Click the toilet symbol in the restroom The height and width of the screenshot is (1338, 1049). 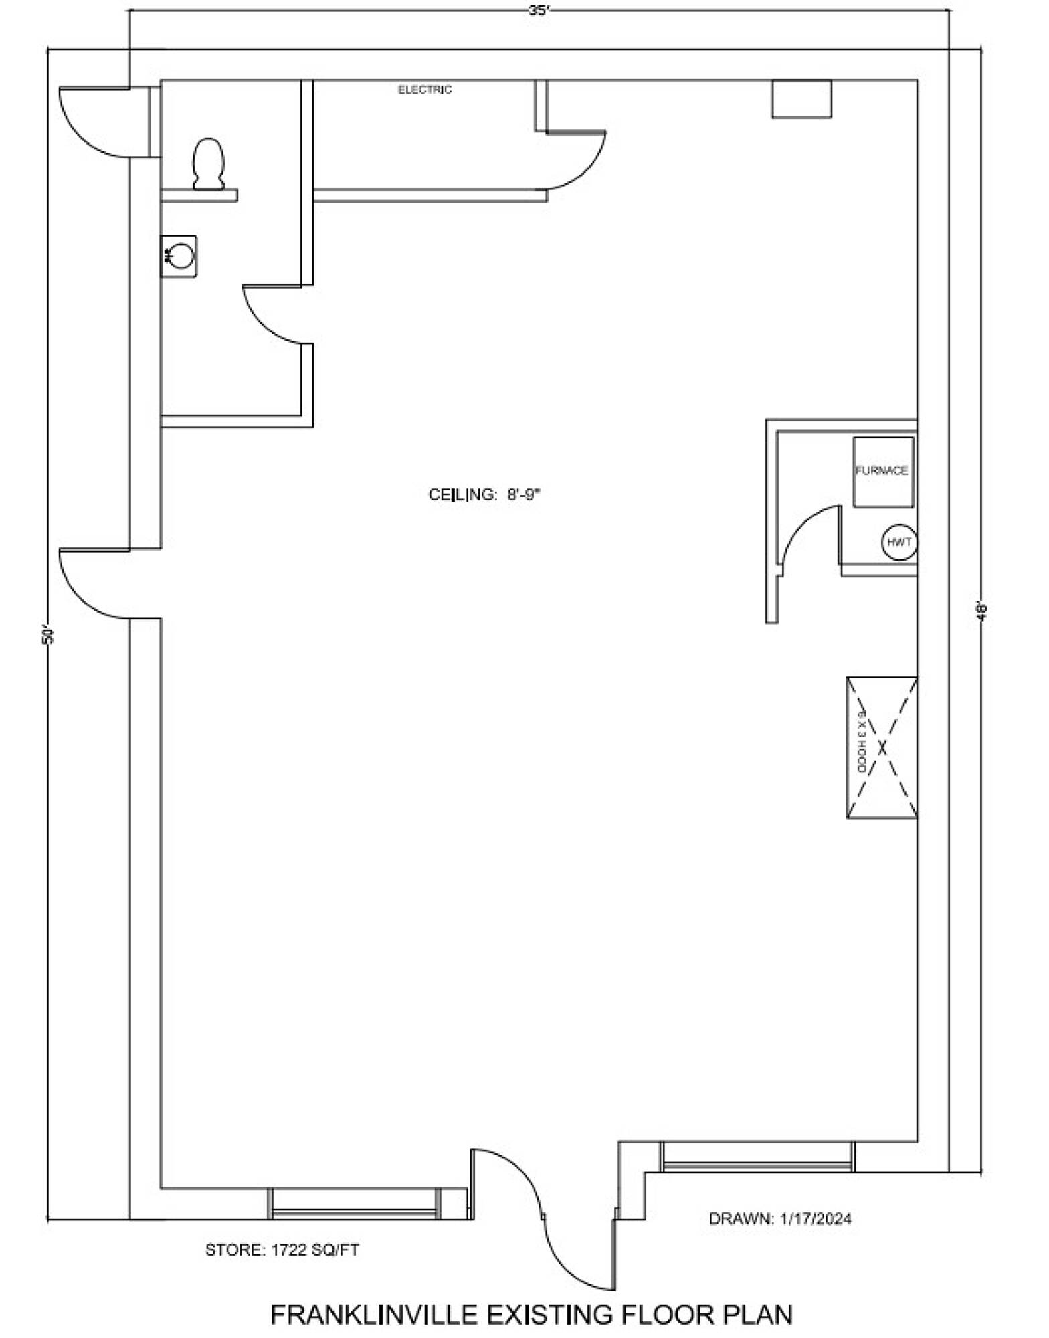click(208, 164)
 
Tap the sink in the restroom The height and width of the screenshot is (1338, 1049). click(179, 256)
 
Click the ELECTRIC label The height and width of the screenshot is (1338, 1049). click(425, 90)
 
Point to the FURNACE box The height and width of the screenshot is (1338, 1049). click(883, 472)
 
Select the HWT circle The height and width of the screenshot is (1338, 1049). click(899, 542)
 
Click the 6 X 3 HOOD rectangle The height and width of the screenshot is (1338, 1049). click(882, 747)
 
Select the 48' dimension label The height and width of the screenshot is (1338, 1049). click(982, 611)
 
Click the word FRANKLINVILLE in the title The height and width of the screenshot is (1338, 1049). click(375, 1315)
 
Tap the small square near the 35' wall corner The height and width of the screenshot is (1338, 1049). click(801, 99)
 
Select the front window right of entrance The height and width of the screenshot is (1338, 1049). click(758, 1157)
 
